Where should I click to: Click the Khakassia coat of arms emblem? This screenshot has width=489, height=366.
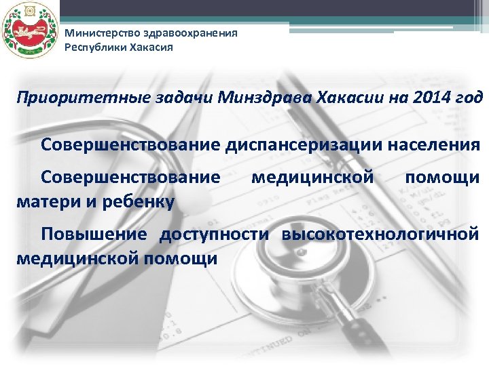point(26,31)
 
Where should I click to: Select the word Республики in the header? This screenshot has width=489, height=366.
point(89,47)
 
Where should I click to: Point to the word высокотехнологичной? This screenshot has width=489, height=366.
point(380,235)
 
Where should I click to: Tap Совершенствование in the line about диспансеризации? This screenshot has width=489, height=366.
point(130,144)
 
